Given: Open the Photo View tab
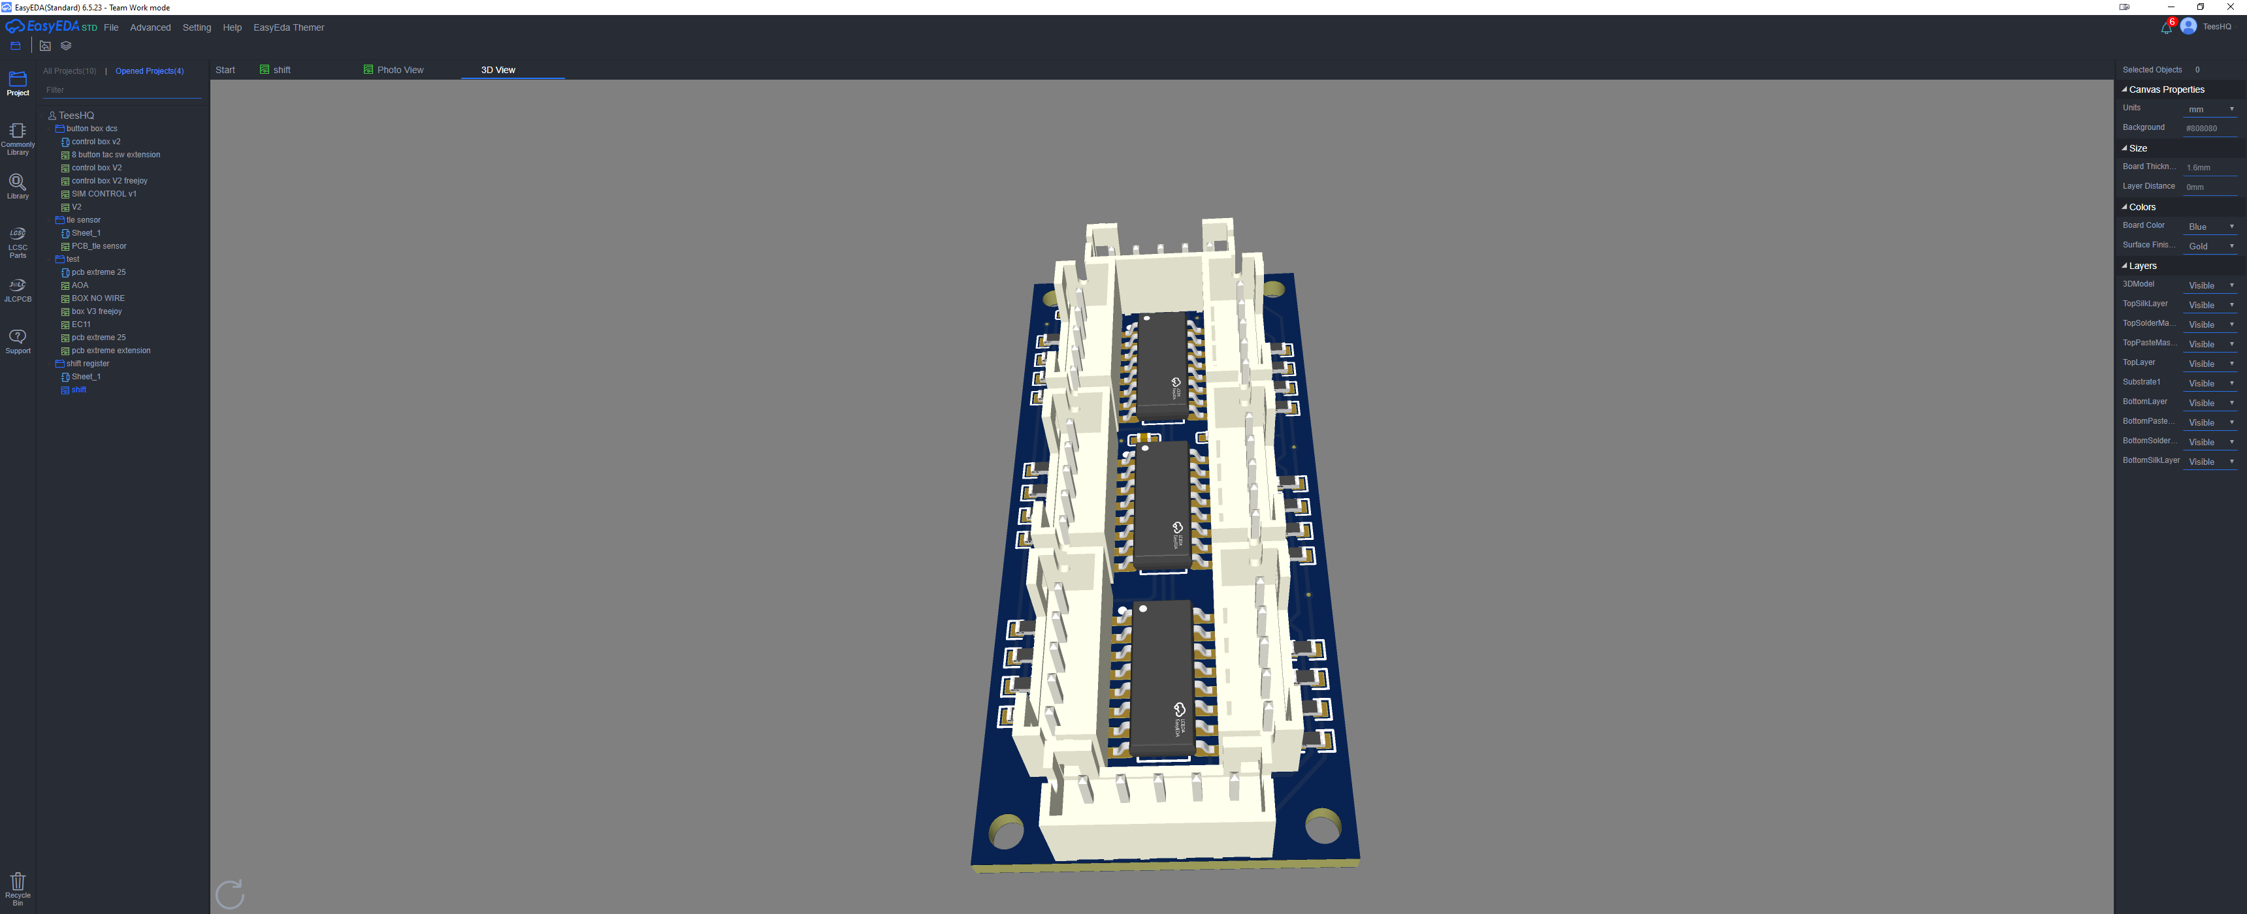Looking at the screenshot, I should (x=400, y=70).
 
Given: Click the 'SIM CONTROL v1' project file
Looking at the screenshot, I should (x=104, y=194).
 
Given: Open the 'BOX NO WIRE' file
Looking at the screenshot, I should (x=98, y=298).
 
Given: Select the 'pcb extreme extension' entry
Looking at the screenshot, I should (x=111, y=351).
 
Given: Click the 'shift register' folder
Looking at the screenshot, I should (x=88, y=364).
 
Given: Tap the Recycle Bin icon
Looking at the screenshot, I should (x=18, y=888).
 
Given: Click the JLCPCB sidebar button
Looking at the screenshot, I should (x=18, y=291).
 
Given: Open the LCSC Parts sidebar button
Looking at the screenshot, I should (x=18, y=242).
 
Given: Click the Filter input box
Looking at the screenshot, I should (x=122, y=90).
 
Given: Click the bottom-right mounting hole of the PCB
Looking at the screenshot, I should (x=1322, y=826).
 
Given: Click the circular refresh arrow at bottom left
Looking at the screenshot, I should (x=229, y=894).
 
